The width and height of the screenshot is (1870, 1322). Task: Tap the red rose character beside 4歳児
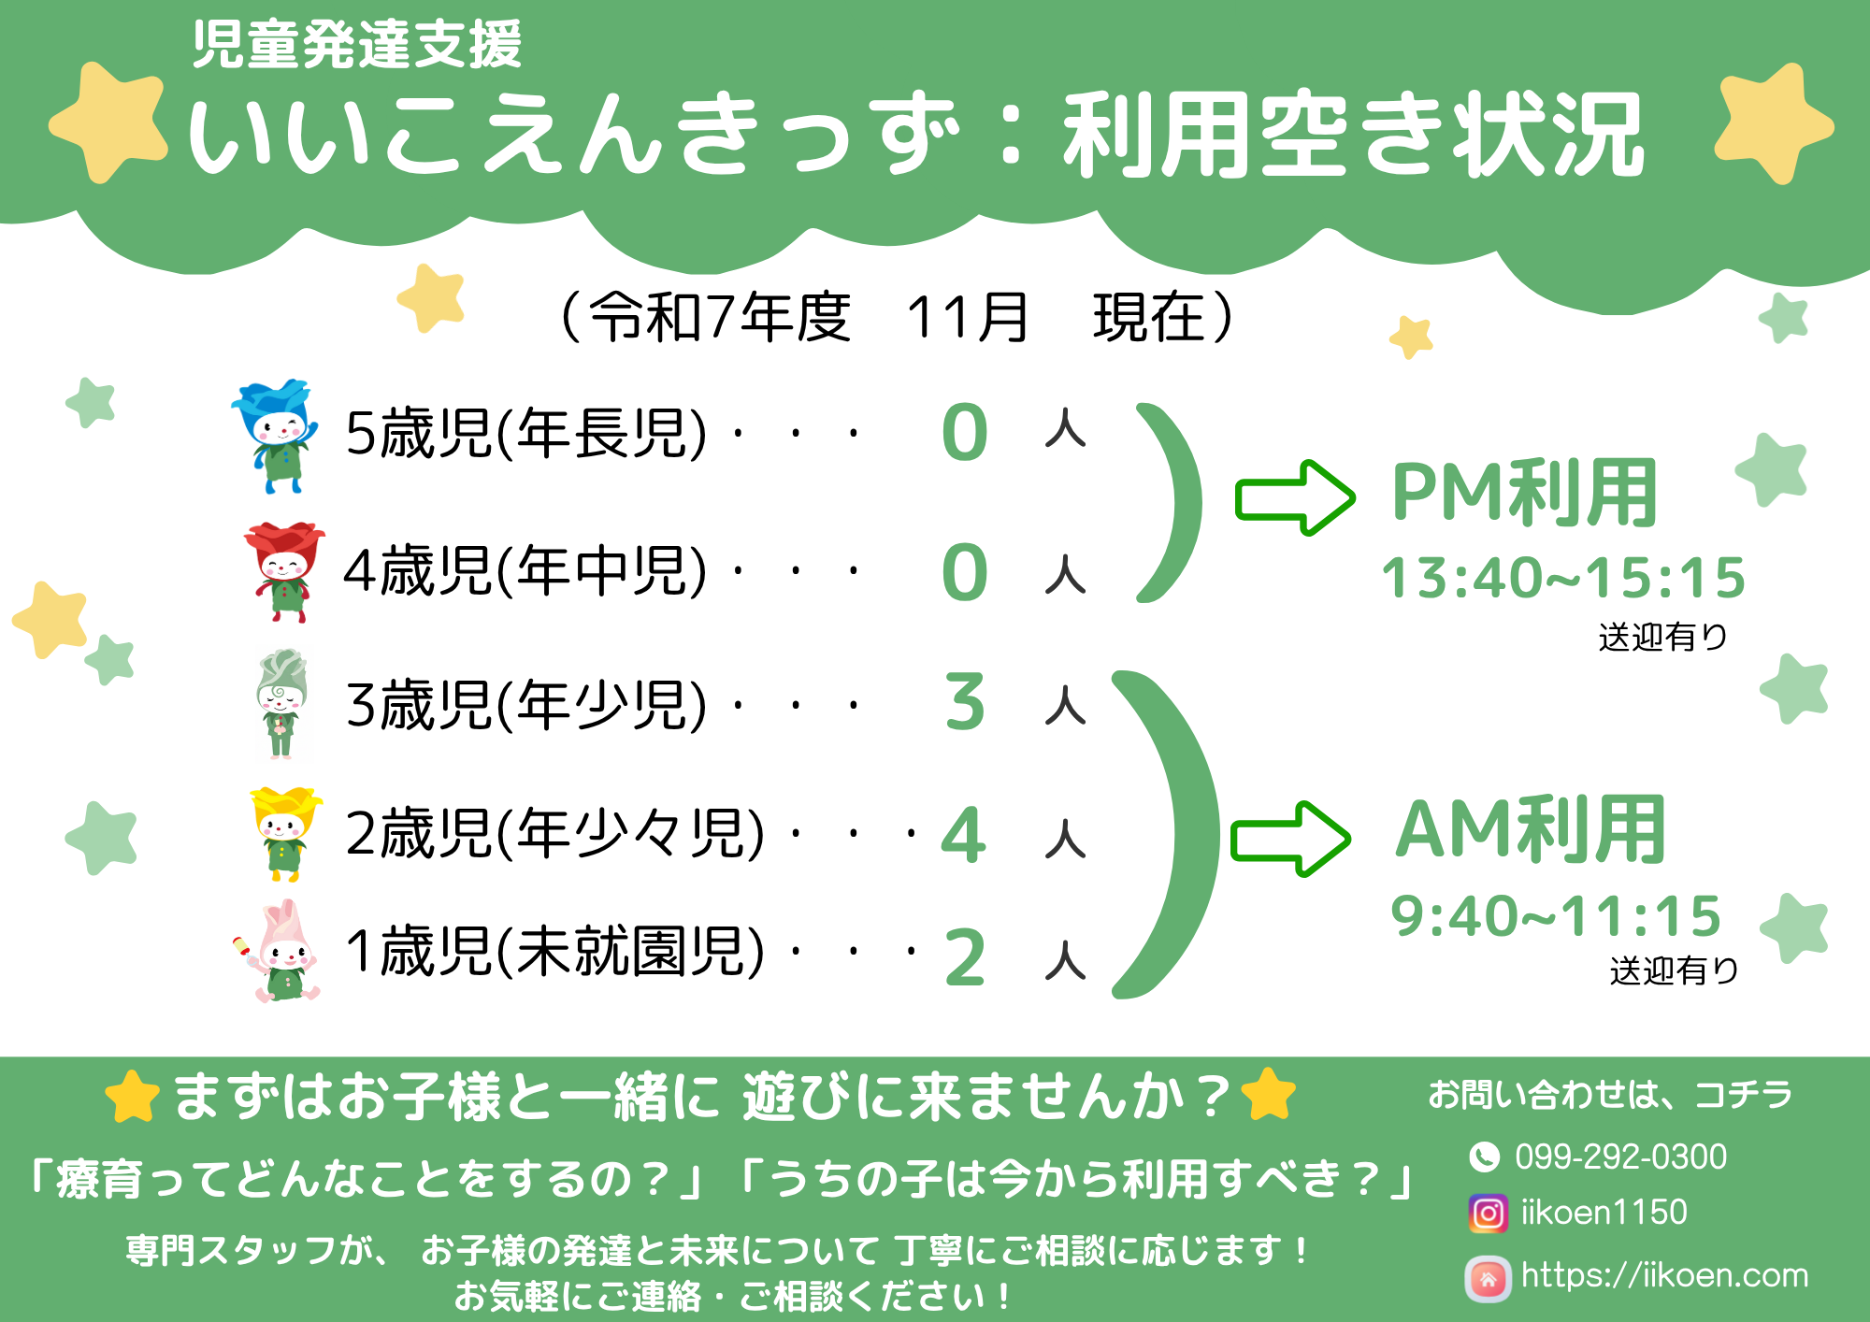coord(283,571)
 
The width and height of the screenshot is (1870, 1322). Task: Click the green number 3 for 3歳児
coord(965,702)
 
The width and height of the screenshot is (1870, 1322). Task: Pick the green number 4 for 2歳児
coord(964,835)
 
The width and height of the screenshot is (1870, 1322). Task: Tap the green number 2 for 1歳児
coord(965,957)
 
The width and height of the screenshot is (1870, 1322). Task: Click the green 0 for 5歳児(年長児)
coord(965,433)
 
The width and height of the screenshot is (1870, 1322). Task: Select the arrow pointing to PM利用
coord(1295,497)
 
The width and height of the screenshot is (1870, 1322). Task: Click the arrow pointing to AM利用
coord(1290,839)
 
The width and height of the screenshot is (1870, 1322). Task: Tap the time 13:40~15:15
coord(1563,578)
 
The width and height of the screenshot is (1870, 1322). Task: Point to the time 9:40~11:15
coord(1556,915)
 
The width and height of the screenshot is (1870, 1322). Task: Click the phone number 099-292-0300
coord(1620,1157)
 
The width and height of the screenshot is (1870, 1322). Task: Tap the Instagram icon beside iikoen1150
coord(1488,1214)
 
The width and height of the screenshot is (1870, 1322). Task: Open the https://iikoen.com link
coord(1664,1275)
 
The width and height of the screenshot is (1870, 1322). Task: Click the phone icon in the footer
coord(1484,1157)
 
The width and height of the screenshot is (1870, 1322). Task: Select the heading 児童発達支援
coord(356,45)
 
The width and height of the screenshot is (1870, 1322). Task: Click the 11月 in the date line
coord(967,317)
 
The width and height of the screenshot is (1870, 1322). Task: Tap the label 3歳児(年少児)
coord(526,704)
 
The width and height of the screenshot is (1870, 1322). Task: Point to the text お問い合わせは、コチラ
coord(1610,1094)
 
